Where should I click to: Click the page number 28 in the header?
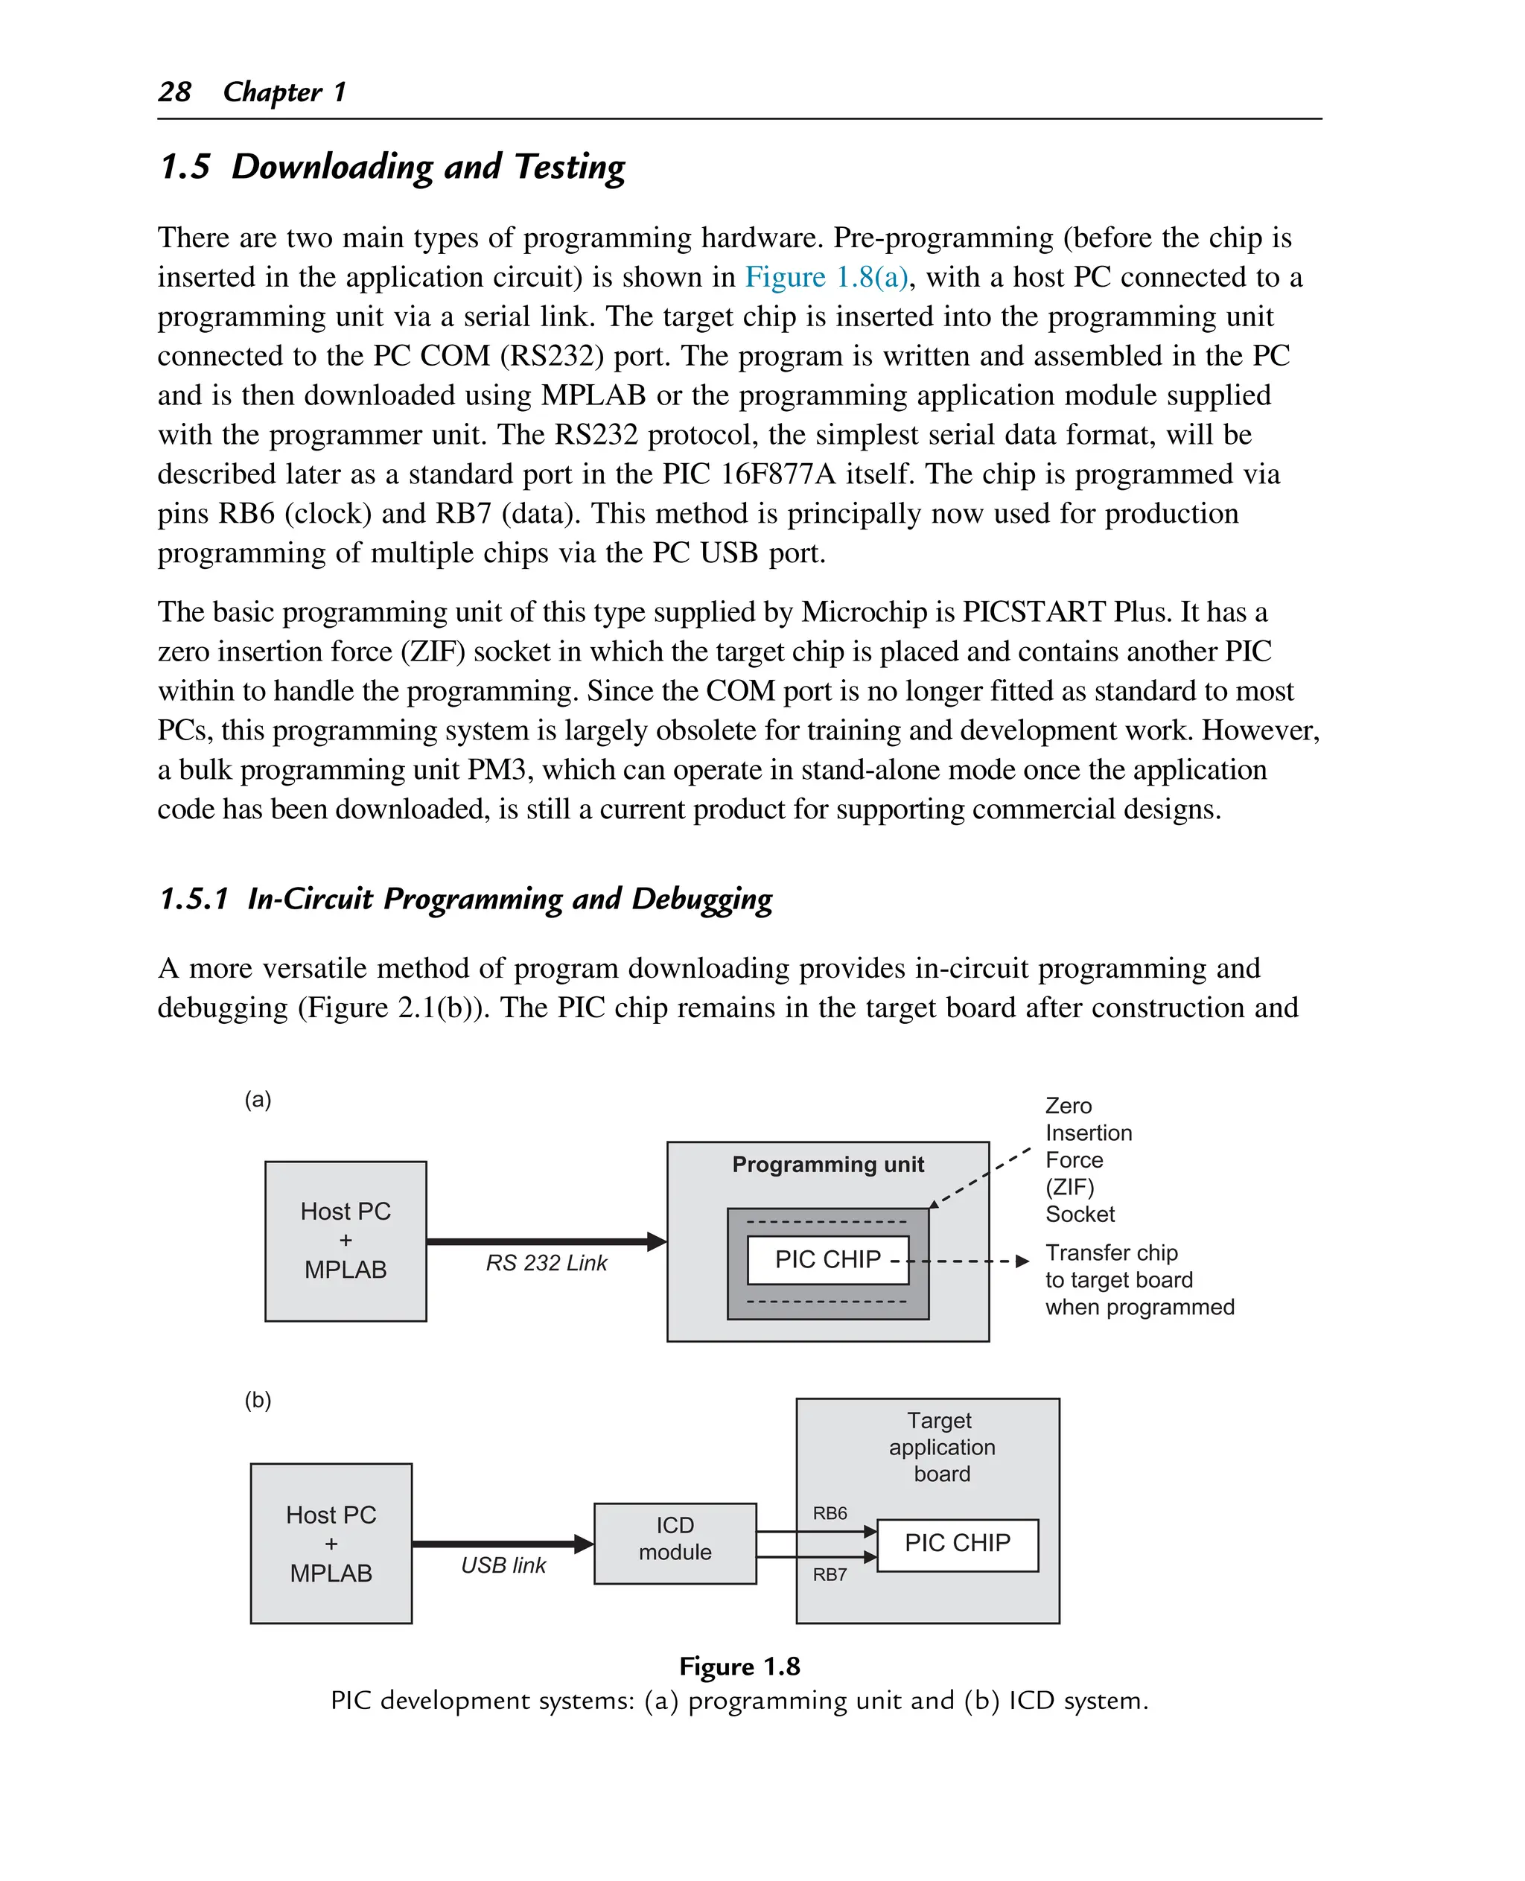pos(175,92)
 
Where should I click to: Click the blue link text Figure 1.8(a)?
pos(826,277)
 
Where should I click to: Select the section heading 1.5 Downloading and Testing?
pos(392,167)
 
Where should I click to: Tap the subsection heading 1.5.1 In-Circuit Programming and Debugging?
pos(465,899)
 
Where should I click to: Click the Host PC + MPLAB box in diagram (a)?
pos(346,1240)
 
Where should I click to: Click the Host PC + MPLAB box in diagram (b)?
pos(331,1543)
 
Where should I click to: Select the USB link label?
pos(503,1565)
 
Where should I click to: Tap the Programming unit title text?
pos(827,1164)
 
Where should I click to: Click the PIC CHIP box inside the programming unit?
pos(827,1259)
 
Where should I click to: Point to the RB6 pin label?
pos(830,1513)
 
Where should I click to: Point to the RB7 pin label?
pos(830,1574)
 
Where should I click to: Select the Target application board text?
pos(940,1447)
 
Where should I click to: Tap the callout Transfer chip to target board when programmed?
pos(1138,1279)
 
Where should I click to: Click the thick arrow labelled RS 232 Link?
pos(544,1241)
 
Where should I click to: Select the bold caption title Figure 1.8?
pos(739,1667)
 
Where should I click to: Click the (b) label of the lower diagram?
pos(258,1399)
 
